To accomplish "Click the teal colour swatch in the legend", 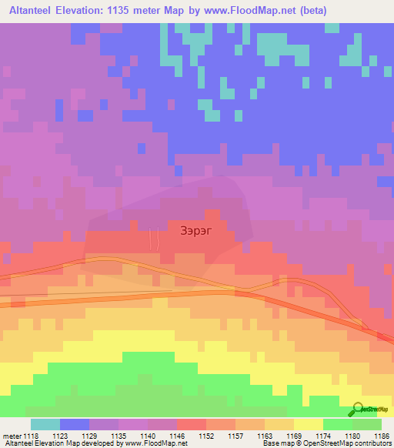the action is (45, 423).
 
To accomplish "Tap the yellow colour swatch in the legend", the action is (308, 423).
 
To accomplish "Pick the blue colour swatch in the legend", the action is (75, 423).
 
